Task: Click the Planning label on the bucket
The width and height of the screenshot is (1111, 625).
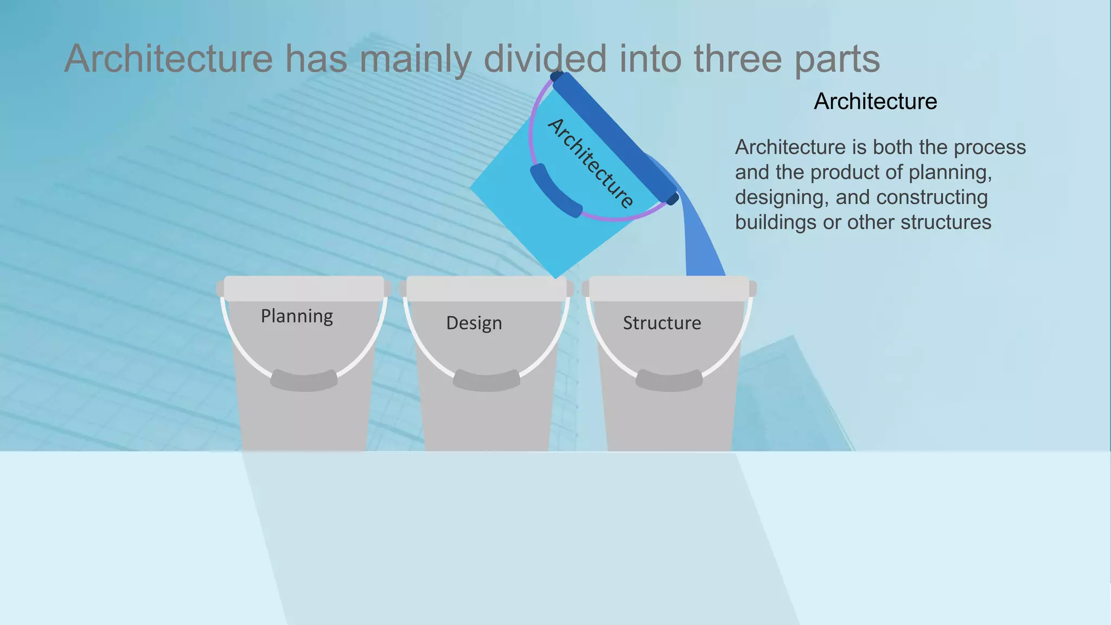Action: pos(297,316)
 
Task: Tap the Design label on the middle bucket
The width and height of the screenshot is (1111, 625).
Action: pos(474,323)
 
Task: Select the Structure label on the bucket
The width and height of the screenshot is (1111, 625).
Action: pos(662,323)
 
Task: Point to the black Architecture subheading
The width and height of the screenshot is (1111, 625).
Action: pos(875,101)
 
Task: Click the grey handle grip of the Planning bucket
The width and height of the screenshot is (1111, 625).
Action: pos(304,380)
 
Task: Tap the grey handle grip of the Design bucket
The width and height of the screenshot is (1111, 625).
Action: pos(487,380)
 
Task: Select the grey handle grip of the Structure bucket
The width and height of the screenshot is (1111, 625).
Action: pos(669,380)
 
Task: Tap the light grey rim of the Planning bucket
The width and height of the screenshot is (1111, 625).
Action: pos(304,288)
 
